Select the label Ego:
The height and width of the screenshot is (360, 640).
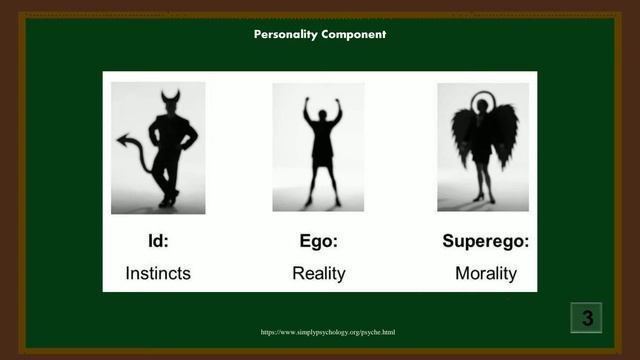[318, 241]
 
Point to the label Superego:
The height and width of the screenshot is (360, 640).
[486, 241]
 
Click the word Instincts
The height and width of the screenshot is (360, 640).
[158, 272]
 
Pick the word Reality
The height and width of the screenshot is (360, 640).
[318, 272]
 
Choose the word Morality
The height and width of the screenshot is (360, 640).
[486, 272]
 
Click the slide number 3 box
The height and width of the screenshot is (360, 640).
[587, 318]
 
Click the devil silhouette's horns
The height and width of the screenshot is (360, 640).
[170, 97]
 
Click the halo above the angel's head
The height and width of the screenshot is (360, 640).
[484, 99]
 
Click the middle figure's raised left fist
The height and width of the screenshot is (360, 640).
[306, 100]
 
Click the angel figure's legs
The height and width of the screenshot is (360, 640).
[484, 183]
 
